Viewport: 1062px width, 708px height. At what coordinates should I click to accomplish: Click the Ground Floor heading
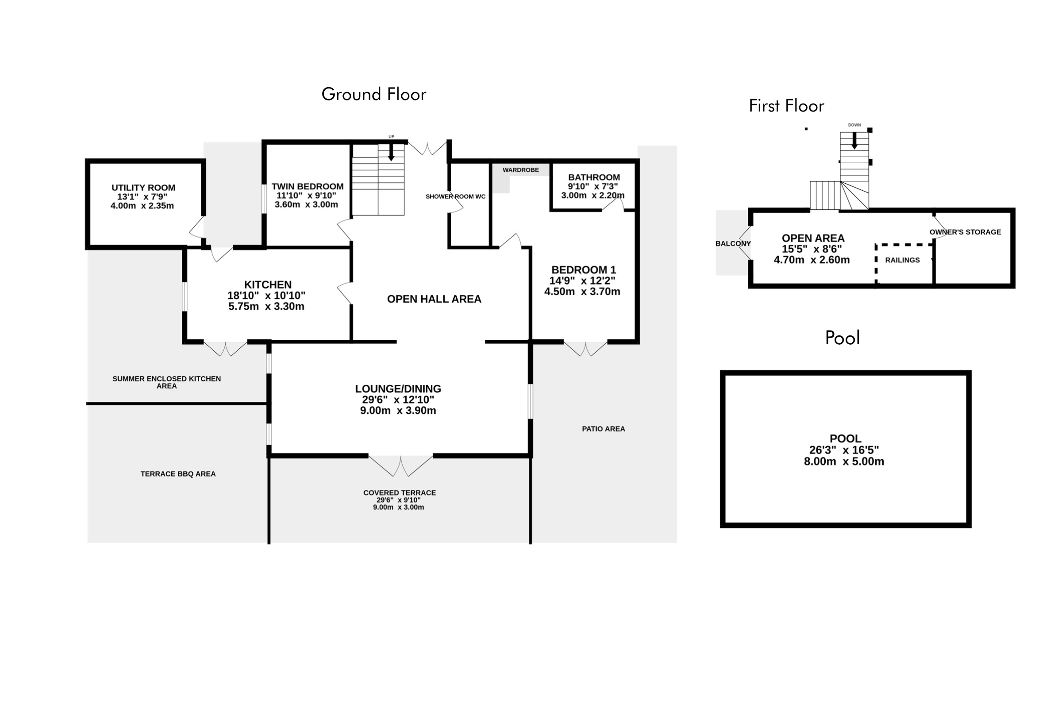click(x=373, y=94)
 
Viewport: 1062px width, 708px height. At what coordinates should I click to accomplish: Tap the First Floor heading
click(x=786, y=106)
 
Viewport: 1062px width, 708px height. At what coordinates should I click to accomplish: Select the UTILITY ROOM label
click(x=143, y=188)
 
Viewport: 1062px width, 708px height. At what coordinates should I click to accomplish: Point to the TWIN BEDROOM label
click(x=308, y=186)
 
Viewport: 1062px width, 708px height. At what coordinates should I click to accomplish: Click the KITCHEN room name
click(x=268, y=285)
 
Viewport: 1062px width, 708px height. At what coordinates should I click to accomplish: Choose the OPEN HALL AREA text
click(x=434, y=299)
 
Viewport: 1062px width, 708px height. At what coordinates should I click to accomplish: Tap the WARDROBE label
click(x=521, y=170)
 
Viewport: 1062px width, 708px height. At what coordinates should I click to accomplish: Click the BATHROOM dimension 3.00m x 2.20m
click(x=593, y=196)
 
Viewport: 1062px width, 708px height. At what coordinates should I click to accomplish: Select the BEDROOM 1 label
click(x=583, y=270)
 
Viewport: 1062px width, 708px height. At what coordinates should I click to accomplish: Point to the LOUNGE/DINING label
click(x=398, y=389)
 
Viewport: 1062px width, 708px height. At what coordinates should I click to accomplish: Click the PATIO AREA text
click(x=603, y=429)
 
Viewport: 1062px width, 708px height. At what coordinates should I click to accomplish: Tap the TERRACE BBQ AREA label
click(x=178, y=474)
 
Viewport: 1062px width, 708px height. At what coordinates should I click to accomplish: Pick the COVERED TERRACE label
click(x=399, y=493)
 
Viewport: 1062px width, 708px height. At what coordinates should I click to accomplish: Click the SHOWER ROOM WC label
click(x=455, y=197)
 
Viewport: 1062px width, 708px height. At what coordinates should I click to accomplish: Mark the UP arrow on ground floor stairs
click(x=391, y=152)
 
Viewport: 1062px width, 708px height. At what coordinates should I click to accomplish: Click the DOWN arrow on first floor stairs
click(x=854, y=140)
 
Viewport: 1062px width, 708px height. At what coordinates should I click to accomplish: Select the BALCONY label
click(x=733, y=244)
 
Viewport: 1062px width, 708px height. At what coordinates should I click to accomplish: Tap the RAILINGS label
click(x=902, y=260)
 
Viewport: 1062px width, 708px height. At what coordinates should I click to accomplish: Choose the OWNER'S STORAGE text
click(x=965, y=232)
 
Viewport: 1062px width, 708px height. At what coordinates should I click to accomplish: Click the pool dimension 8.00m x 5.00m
click(x=843, y=462)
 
